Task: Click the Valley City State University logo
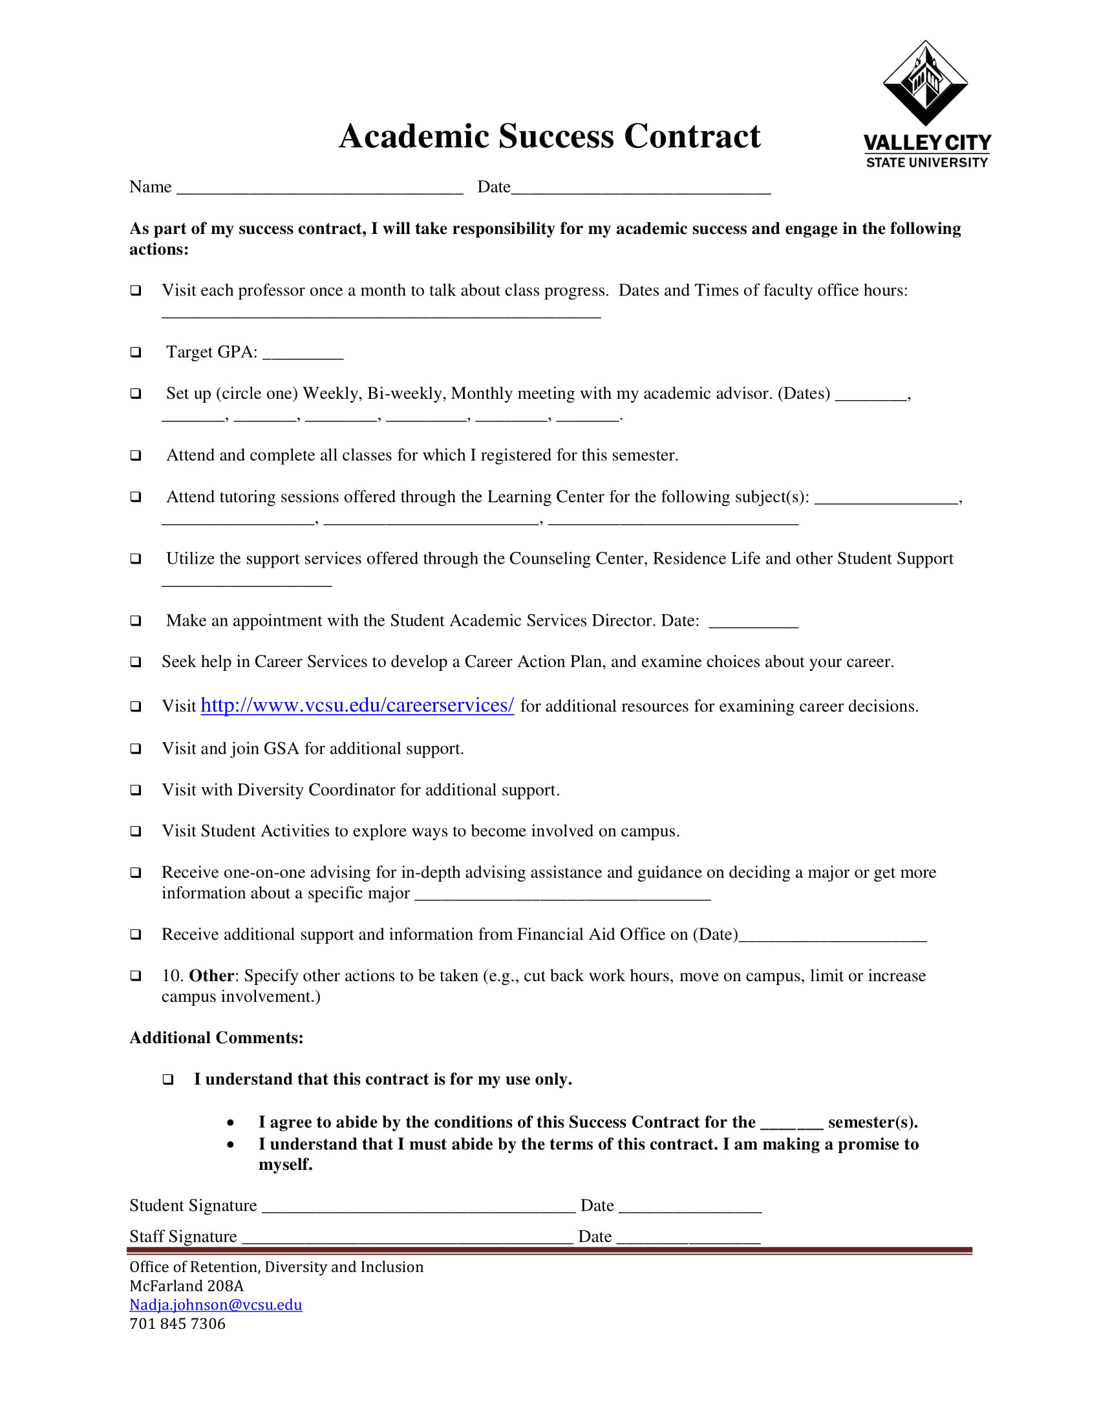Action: [x=926, y=104]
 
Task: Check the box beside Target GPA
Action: [x=135, y=352]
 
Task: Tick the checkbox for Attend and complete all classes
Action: [x=135, y=455]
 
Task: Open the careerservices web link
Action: [x=357, y=705]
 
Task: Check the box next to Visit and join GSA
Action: [x=135, y=748]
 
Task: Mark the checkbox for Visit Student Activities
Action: [x=135, y=831]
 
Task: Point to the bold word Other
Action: [x=211, y=975]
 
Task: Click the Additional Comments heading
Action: [x=216, y=1037]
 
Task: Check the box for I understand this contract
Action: [x=168, y=1079]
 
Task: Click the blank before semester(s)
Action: [x=791, y=1124]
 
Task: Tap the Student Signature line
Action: [x=418, y=1208]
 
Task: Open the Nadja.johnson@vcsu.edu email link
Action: [x=215, y=1304]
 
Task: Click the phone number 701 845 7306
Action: [x=177, y=1324]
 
